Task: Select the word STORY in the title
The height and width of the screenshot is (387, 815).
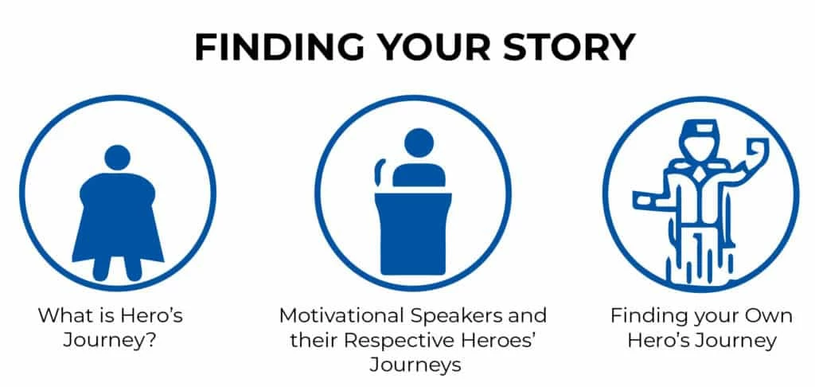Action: click(x=569, y=47)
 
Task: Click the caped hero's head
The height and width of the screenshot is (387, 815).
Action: click(x=118, y=158)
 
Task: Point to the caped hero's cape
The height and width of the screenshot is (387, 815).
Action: click(x=118, y=217)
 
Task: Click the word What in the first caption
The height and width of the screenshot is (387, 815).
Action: click(x=63, y=316)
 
